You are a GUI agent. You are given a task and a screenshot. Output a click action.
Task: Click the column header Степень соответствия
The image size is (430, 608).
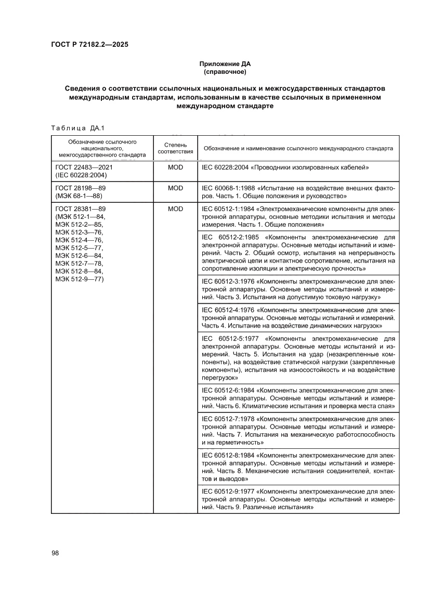point(175,148)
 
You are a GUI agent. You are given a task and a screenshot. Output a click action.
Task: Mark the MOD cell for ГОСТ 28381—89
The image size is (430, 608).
point(175,209)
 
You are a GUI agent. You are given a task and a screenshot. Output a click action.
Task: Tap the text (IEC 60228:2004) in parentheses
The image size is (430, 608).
point(80,175)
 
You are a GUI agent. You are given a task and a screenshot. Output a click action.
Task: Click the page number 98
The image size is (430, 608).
point(55,553)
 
